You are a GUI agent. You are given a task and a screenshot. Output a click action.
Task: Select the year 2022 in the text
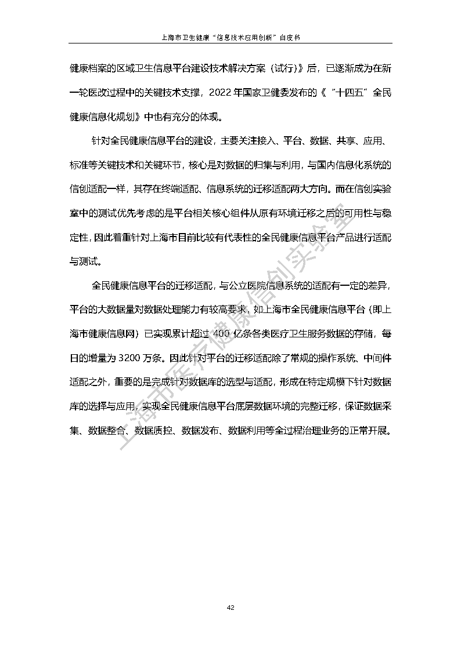[x=222, y=92]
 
